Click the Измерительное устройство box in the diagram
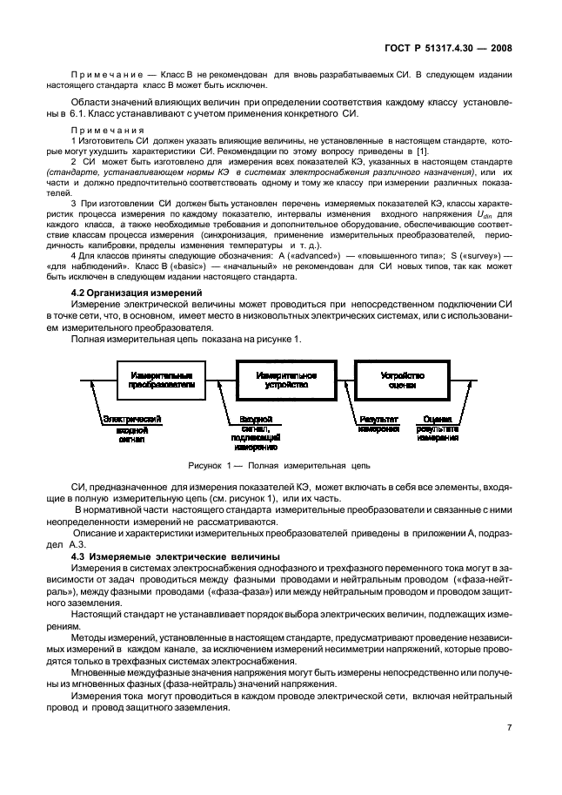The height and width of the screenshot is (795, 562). tap(285, 377)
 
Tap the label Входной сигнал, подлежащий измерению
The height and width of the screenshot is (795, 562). tap(254, 433)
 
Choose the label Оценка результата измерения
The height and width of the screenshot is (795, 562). tap(438, 428)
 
